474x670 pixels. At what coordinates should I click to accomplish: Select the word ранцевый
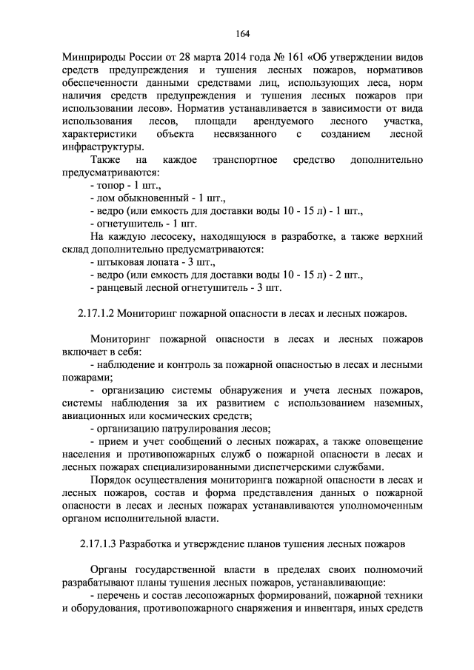121,287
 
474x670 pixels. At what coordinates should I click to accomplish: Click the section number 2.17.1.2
96,313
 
